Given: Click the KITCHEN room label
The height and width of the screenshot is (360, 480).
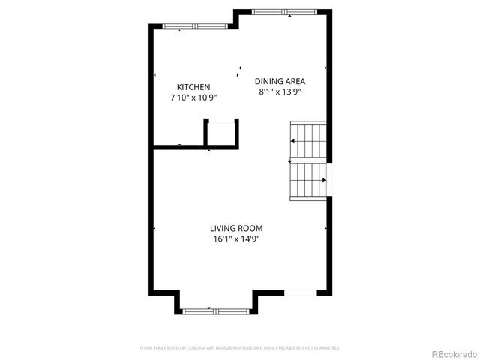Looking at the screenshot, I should click(193, 87).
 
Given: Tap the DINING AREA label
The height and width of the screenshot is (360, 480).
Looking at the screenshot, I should click(280, 81).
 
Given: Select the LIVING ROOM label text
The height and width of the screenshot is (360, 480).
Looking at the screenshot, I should click(235, 228).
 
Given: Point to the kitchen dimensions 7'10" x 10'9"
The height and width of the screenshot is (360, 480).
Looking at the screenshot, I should click(193, 98).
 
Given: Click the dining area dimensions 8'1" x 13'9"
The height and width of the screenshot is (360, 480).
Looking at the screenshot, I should click(280, 92).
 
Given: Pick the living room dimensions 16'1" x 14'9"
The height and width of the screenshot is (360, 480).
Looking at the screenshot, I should click(235, 239).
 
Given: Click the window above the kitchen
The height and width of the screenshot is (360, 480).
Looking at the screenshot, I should click(194, 27).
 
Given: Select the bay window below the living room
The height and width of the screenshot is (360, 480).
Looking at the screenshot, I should click(217, 310).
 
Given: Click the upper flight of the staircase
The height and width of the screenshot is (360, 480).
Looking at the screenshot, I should click(309, 139).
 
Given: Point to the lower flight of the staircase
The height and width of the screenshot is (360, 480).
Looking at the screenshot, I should click(308, 181).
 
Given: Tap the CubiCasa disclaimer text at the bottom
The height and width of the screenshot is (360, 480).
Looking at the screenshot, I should click(240, 348).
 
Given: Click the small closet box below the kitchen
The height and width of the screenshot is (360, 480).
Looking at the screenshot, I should click(222, 134).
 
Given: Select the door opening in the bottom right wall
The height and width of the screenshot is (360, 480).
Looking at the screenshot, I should click(302, 292).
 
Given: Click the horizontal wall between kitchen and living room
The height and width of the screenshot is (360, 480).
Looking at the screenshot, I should click(178, 147).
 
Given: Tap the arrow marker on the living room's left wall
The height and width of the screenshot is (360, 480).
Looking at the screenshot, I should click(154, 228).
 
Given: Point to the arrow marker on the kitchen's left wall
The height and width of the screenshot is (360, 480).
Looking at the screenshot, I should click(154, 75).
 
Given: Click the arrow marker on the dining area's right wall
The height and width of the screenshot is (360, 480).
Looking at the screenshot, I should click(325, 67).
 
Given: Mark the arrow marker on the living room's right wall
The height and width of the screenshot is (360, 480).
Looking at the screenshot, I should click(325, 228).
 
